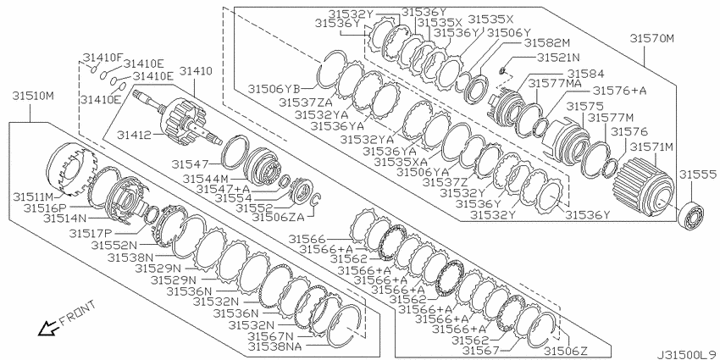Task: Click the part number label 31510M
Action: click(32, 97)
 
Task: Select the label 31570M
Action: click(651, 39)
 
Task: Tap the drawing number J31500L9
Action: click(687, 354)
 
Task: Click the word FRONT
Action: click(79, 313)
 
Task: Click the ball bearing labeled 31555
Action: click(691, 215)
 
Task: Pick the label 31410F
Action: click(102, 58)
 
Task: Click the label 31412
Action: click(134, 135)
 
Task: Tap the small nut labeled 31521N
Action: click(503, 70)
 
